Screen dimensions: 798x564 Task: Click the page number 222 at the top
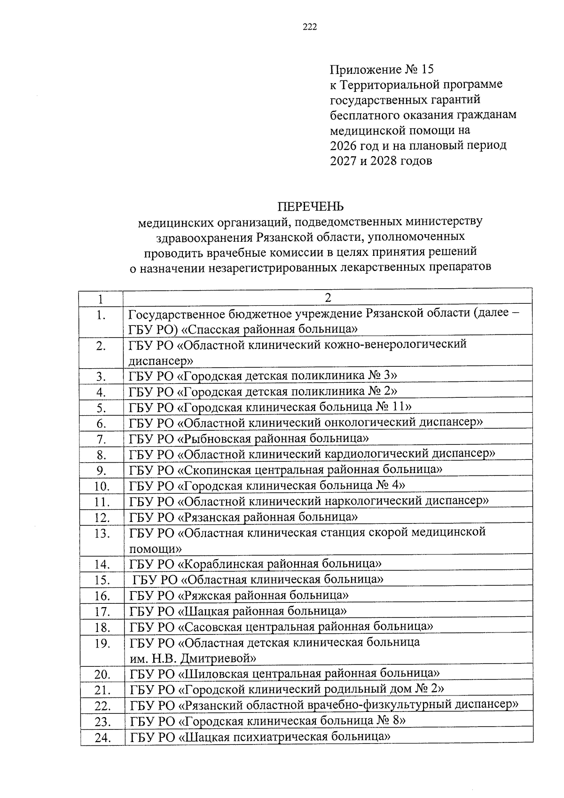click(310, 27)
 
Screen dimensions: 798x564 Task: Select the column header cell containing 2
click(328, 298)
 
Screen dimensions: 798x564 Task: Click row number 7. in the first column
click(101, 440)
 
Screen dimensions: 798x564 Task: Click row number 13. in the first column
click(102, 534)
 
